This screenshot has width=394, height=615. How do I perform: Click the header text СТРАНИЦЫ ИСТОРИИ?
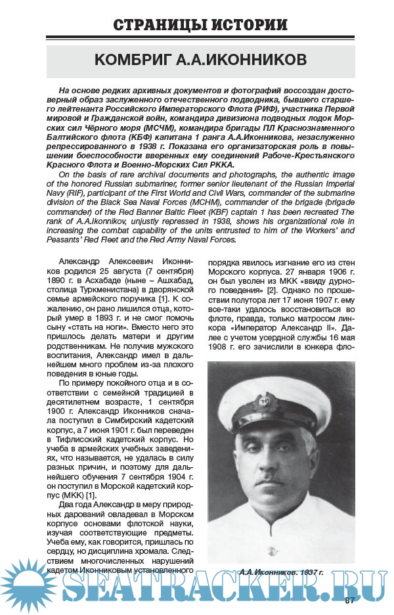200,26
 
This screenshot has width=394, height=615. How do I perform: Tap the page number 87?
350,599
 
